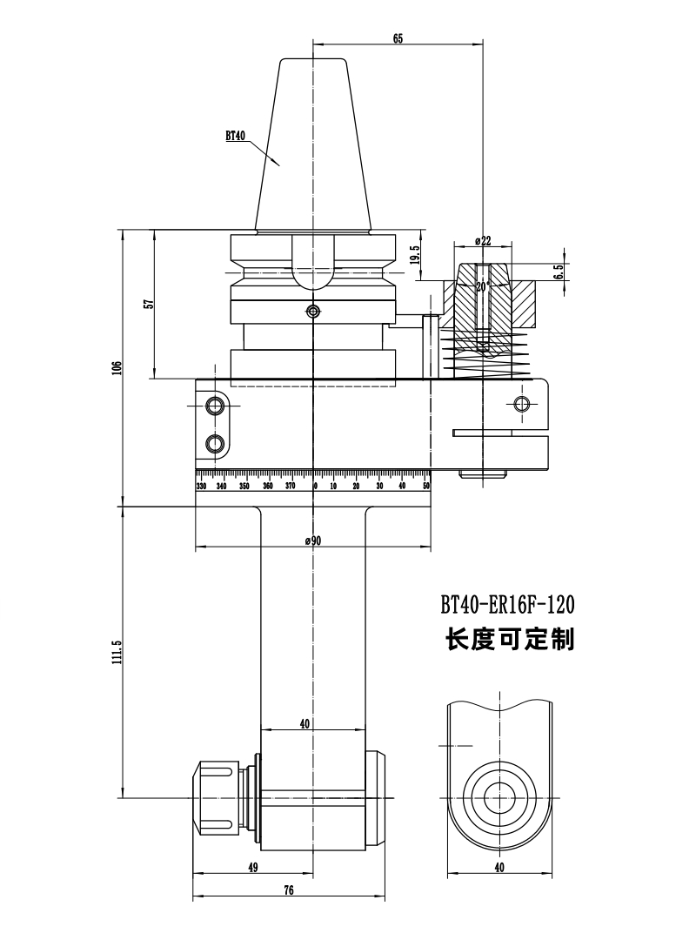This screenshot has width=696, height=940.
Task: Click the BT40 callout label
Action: (236, 136)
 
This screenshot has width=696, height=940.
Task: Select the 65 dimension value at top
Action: (398, 38)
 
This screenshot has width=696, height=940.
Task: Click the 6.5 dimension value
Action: (559, 272)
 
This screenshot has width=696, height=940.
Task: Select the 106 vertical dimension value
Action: (117, 367)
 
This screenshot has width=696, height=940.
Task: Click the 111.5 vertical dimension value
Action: (117, 652)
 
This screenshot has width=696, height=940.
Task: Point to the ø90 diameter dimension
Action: (313, 540)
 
